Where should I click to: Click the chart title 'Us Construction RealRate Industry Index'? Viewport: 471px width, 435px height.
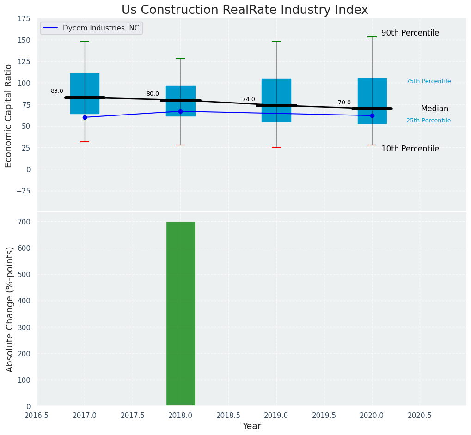pyautogui.click(x=245, y=10)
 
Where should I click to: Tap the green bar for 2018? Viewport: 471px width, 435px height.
pyautogui.click(x=180, y=314)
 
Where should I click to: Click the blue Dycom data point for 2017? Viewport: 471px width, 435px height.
pyautogui.click(x=85, y=117)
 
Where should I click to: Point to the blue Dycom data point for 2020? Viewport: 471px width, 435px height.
pyautogui.click(x=372, y=115)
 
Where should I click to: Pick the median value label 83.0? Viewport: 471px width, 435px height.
pyautogui.click(x=57, y=91)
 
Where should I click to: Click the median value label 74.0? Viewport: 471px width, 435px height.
pyautogui.click(x=248, y=99)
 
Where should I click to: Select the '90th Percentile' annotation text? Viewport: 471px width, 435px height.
pyautogui.click(x=410, y=33)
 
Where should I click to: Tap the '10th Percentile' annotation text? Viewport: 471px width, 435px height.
pyautogui.click(x=410, y=149)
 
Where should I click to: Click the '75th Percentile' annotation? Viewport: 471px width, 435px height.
pyautogui.click(x=428, y=81)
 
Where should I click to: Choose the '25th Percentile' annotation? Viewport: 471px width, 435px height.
pyautogui.click(x=428, y=121)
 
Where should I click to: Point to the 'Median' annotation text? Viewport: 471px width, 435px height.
pyautogui.click(x=434, y=109)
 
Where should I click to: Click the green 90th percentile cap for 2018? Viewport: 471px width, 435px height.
pyautogui.click(x=180, y=59)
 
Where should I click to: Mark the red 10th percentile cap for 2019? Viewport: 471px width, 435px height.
pyautogui.click(x=276, y=147)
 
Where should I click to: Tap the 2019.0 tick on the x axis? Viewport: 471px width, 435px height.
pyautogui.click(x=276, y=415)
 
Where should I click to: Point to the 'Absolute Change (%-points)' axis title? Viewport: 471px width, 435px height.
pyautogui.click(x=10, y=309)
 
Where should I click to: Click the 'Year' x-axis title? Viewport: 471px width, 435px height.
pyautogui.click(x=251, y=426)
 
